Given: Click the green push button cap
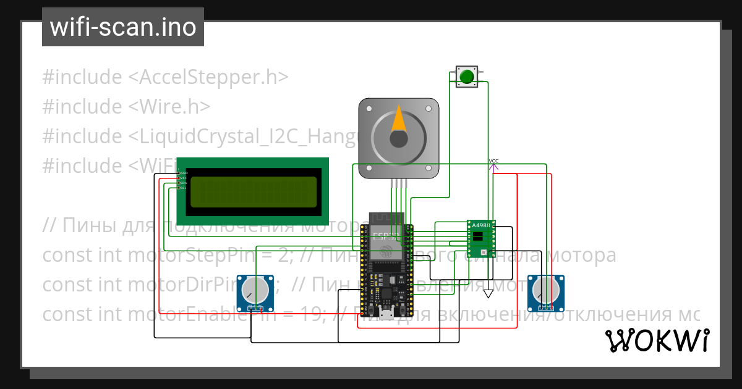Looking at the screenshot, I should coord(466,77).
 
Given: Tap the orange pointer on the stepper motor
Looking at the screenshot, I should coord(399,120).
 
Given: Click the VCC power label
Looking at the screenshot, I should coord(493,161).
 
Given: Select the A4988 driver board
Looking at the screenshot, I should coord(481,238).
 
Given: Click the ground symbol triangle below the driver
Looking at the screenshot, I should coord(488,293).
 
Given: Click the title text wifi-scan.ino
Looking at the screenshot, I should coord(123,27).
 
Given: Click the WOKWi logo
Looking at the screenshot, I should coord(656,340).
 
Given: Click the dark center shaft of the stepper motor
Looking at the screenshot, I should coord(399,139).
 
